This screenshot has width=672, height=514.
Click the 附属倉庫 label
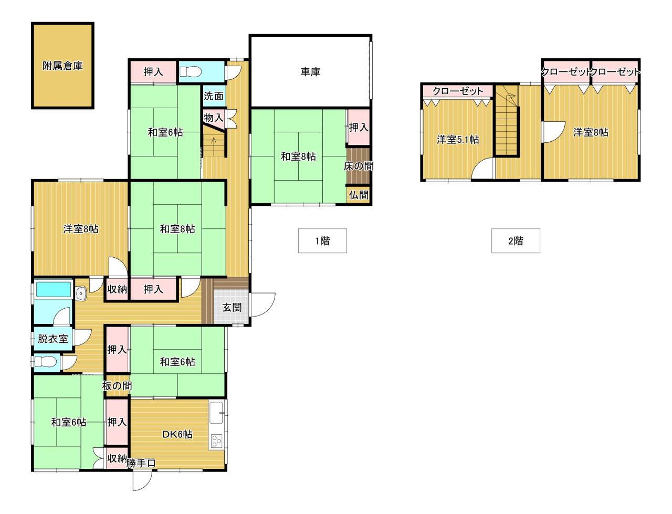[62, 66]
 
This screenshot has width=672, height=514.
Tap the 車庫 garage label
[310, 72]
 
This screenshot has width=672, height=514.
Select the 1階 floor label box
[322, 240]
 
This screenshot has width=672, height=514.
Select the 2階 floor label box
[516, 240]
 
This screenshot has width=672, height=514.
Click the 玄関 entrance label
[232, 307]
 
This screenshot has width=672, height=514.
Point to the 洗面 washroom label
[213, 96]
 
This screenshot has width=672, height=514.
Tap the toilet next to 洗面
[190, 72]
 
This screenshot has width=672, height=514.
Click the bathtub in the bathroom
[54, 289]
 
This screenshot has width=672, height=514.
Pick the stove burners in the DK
[216, 442]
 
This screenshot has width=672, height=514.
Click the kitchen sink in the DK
[216, 413]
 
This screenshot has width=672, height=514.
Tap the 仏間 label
[359, 195]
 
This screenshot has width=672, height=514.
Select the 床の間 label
[359, 166]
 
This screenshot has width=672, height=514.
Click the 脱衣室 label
[52, 339]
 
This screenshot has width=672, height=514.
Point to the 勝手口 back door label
[141, 463]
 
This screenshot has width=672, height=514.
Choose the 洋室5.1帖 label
[458, 140]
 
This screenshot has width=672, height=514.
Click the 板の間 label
[117, 386]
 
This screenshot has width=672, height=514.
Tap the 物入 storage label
[213, 117]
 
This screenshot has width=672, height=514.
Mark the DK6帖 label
[177, 434]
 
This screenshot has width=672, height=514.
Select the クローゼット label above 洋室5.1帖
[458, 91]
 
